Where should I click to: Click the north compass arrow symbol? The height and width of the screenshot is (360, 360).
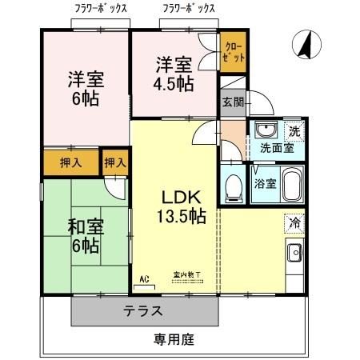point(305,45)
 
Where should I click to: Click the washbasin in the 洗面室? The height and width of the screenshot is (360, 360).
point(265,131)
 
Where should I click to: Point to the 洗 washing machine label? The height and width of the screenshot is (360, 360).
point(294,131)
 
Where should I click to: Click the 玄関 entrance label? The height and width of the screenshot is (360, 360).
point(233,102)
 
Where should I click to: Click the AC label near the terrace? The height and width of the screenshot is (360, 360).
point(145,278)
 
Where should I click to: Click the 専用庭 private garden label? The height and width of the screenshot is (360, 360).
point(174,339)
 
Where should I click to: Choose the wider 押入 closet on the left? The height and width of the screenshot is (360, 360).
point(70,162)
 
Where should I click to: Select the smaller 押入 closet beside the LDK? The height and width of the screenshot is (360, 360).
point(115,162)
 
